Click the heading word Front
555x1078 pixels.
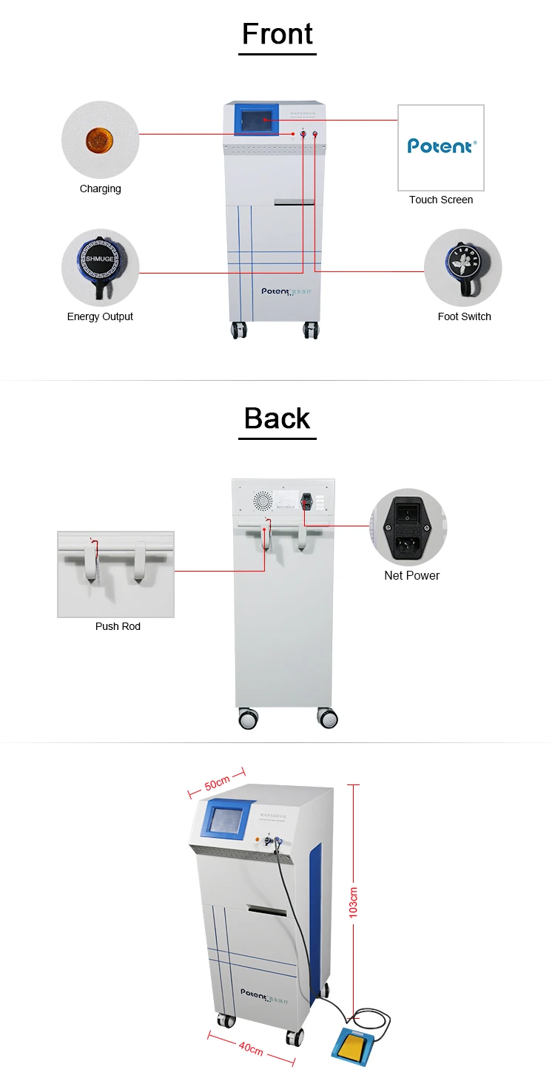coord(277,34)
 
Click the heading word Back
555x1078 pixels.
coord(277,418)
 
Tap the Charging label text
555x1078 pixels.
coord(100,189)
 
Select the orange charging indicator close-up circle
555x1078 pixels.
coord(100,139)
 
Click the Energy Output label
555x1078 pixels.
coord(100,316)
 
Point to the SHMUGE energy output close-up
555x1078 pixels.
coord(100,266)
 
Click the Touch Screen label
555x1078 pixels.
coord(441,200)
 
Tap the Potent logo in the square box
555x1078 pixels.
coord(441,146)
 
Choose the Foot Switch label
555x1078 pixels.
coord(464,316)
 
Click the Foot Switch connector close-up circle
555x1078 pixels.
coord(462,267)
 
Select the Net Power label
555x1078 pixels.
coord(411,575)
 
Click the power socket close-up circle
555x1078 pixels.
coord(408,526)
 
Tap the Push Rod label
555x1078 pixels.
coord(118,626)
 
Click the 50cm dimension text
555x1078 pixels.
coord(217,781)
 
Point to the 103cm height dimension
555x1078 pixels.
coord(354,902)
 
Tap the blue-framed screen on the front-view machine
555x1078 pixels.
coord(257,119)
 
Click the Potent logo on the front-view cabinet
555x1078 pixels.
coord(278,291)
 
